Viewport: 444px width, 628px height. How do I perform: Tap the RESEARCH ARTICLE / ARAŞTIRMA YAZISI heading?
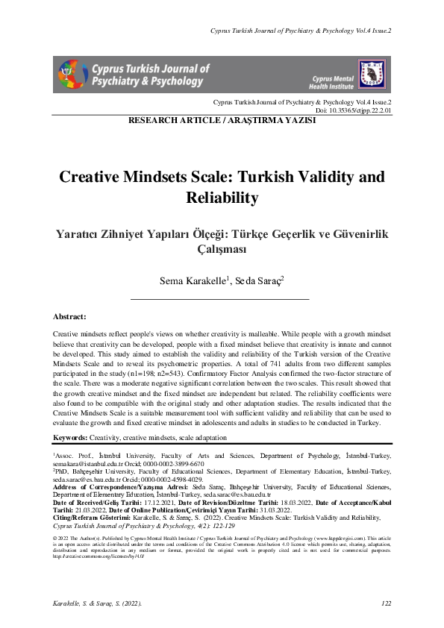(x=222, y=120)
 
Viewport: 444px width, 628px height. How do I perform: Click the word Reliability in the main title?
(x=222, y=198)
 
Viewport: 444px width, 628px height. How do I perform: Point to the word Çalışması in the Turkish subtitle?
(x=222, y=250)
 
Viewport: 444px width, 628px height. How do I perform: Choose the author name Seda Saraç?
(x=254, y=281)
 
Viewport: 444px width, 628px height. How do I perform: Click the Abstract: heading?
(x=75, y=316)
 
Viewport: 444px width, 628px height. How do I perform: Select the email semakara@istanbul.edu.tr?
(x=88, y=463)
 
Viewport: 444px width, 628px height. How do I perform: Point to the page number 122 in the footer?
(x=386, y=603)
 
